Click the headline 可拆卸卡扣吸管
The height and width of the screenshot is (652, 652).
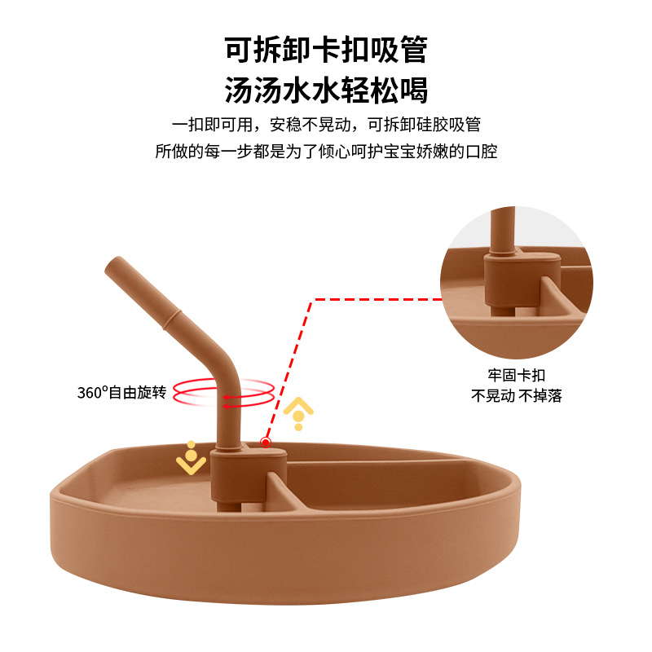[x=326, y=51]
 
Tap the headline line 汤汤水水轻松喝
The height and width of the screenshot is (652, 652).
[x=326, y=90]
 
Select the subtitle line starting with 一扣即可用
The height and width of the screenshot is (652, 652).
[x=326, y=125]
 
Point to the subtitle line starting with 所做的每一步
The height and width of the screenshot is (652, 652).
[x=326, y=151]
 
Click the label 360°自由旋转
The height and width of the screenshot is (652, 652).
[x=121, y=392]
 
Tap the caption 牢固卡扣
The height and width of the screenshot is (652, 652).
[x=517, y=376]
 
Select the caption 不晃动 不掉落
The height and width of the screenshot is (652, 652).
[x=517, y=396]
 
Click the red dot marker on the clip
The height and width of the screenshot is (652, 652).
[x=265, y=443]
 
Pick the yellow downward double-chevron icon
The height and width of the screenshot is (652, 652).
[x=191, y=460]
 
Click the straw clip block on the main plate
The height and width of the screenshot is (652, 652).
[x=248, y=477]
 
